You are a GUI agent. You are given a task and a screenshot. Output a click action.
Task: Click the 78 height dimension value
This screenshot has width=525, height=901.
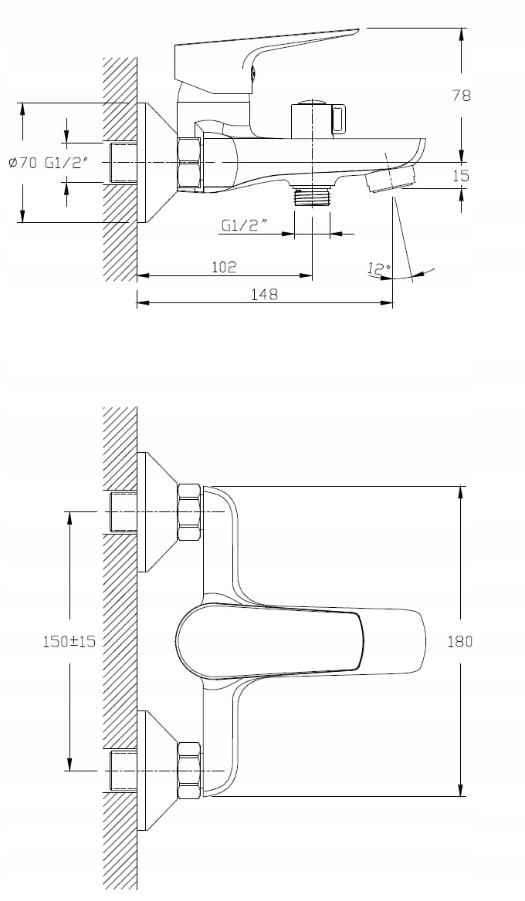(461, 96)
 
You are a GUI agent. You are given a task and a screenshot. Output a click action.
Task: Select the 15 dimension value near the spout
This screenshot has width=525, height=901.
(461, 176)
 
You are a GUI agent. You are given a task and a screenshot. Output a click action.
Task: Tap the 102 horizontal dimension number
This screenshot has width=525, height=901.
(224, 267)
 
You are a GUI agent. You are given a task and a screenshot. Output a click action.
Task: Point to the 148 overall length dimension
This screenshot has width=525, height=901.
(265, 294)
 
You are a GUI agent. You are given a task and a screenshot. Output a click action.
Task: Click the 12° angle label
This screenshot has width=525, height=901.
(379, 268)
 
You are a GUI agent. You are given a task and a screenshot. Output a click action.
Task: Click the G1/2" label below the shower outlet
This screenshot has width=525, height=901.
(245, 226)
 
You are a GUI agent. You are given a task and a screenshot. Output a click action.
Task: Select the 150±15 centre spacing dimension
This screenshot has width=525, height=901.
(69, 641)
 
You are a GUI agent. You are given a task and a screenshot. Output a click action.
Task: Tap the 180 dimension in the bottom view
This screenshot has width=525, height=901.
(460, 641)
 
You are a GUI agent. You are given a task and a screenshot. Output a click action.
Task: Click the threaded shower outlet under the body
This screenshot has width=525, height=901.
(312, 195)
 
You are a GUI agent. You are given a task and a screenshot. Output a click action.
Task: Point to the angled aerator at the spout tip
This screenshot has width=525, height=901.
(390, 181)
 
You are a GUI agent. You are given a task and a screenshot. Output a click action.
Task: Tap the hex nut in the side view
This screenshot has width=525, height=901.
(191, 164)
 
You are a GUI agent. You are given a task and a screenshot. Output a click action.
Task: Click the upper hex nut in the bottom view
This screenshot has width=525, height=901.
(189, 512)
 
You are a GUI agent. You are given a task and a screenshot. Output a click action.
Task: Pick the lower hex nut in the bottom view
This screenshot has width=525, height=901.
(189, 770)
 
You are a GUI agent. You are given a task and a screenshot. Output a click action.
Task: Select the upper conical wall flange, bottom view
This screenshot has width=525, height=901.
(157, 512)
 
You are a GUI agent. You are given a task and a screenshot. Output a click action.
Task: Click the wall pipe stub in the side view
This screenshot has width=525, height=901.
(123, 164)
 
